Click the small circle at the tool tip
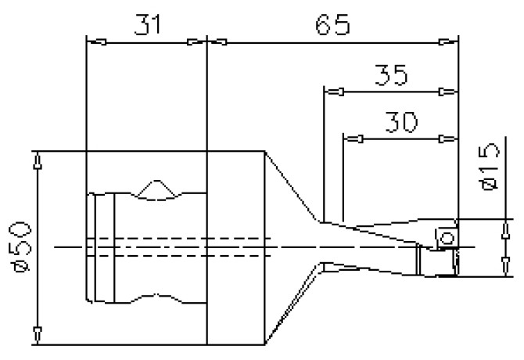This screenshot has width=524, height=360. click(448, 236)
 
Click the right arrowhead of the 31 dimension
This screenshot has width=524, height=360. click(196, 43)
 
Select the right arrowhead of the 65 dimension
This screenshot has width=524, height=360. click(447, 43)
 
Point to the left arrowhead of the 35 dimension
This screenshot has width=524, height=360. click(334, 92)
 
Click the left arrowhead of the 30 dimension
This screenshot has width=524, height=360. click(354, 139)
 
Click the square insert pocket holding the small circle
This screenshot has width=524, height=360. click(447, 237)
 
